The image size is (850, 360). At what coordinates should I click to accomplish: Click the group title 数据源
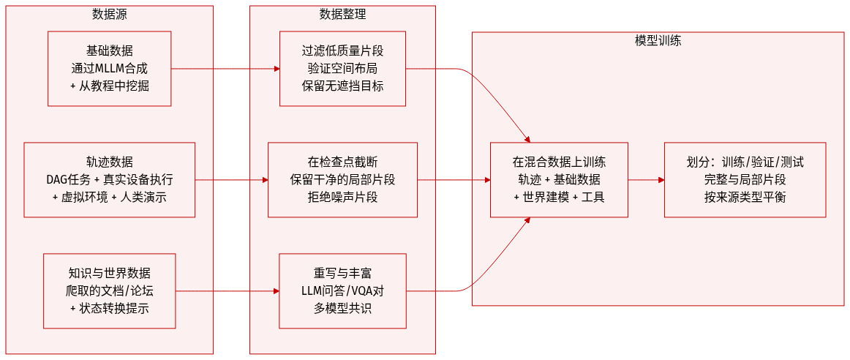coord(109,14)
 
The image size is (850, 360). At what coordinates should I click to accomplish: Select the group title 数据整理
coord(342,14)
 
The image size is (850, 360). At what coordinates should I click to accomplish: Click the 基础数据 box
coord(109,69)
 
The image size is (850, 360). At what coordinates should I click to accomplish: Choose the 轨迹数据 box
coord(109,180)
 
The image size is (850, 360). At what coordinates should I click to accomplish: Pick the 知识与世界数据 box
coord(109,290)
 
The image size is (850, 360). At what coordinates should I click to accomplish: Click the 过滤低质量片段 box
coord(342,69)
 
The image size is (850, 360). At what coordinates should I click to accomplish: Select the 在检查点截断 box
coord(342,180)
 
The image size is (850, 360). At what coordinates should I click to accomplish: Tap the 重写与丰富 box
coord(342,290)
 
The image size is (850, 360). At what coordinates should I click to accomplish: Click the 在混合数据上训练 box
coord(558,180)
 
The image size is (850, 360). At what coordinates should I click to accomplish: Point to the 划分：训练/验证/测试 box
coord(745,180)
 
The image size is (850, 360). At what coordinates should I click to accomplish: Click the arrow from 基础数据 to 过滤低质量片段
coord(225,69)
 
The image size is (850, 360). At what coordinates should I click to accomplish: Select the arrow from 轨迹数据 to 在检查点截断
coord(231,180)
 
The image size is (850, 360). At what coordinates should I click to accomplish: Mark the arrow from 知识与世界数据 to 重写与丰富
coord(227,291)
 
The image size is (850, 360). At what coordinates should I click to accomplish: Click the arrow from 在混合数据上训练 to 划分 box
coord(646,180)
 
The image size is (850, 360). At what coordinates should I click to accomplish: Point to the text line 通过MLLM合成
coord(109,69)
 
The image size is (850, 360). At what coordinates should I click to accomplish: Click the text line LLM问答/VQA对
coord(342,291)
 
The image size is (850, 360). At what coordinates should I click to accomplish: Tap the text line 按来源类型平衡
coord(745,197)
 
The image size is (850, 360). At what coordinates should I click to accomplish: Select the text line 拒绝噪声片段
coord(342,197)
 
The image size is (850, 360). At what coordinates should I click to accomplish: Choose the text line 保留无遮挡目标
coord(342,86)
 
